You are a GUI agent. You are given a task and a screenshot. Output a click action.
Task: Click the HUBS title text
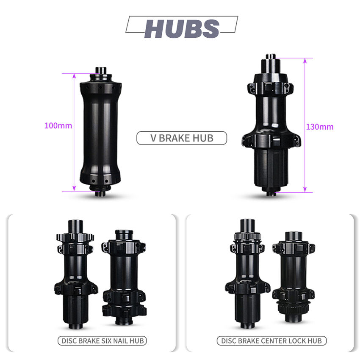click(182, 29)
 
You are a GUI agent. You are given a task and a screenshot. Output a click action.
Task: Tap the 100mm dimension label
click(58, 126)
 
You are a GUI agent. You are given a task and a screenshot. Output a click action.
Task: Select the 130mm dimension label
click(320, 127)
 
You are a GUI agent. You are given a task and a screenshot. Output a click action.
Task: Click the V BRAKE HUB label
click(182, 138)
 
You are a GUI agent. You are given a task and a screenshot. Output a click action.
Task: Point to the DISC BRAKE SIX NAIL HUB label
click(102, 341)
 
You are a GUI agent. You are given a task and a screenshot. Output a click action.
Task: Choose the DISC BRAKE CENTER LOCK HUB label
click(271, 341)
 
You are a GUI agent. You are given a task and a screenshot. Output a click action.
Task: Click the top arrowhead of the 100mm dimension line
click(74, 76)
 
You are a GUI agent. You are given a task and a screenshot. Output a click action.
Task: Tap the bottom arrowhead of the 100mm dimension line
click(74, 188)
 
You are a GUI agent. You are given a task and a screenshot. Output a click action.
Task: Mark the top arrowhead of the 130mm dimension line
click(305, 61)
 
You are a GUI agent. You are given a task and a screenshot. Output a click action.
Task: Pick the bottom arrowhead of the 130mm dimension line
click(305, 190)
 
